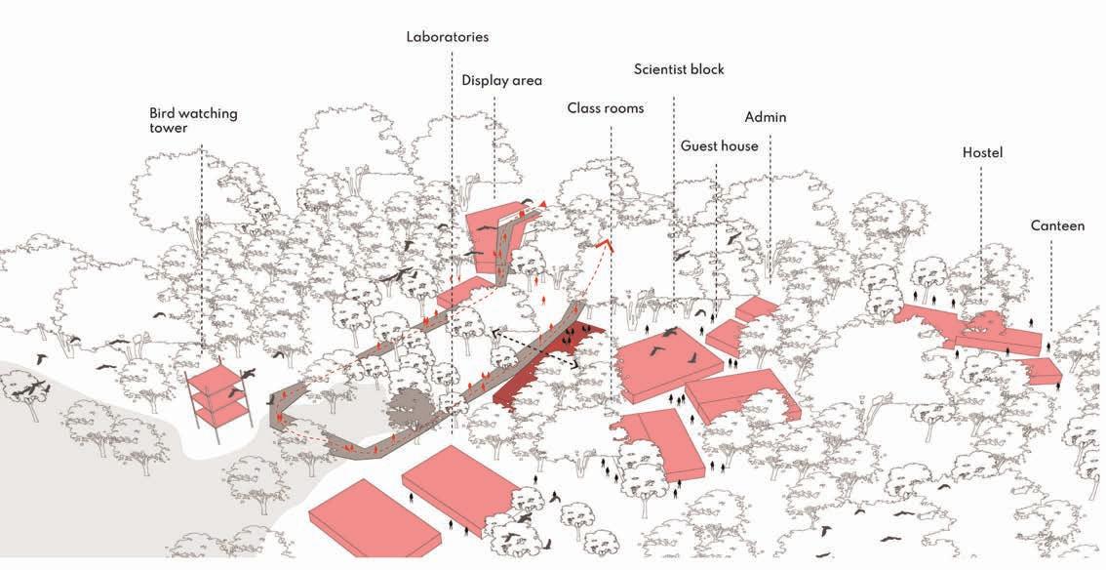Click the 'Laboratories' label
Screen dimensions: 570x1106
[448, 37]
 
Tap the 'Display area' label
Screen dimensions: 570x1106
[501, 80]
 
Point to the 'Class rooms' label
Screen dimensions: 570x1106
[606, 107]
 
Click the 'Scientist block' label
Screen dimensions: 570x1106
[679, 69]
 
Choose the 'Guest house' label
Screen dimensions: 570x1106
[719, 146]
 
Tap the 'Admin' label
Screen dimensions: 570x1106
[766, 117]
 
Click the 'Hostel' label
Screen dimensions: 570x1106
[982, 152]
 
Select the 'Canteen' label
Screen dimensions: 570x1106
[1057, 225]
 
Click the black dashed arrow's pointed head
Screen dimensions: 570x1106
[494, 333]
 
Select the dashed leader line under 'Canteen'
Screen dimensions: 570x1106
[1051, 283]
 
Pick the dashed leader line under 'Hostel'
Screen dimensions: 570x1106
[981, 234]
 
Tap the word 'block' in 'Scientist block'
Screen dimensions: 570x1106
[705, 69]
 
